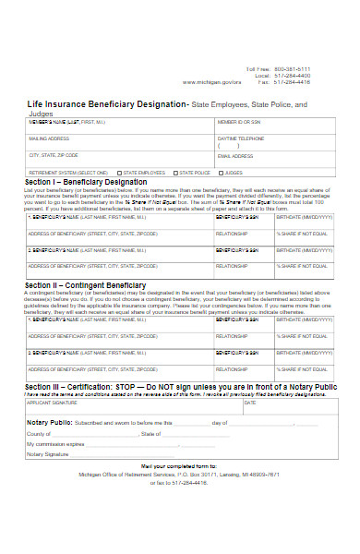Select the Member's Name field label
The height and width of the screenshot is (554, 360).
coord(64,122)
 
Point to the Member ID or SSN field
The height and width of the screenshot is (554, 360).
coord(239,122)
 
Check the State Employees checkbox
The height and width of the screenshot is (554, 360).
coord(118,173)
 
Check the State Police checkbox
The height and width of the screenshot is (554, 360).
coord(174,173)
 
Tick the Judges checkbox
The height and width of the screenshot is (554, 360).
coord(222,173)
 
